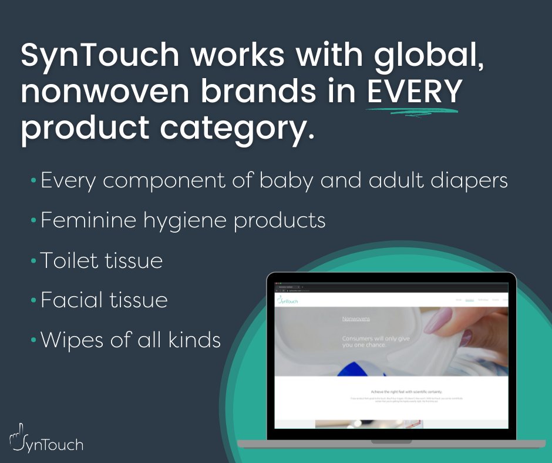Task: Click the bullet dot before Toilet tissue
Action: click(x=34, y=260)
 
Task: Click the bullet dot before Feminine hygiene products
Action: click(x=34, y=221)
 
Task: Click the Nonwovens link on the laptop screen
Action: click(x=356, y=318)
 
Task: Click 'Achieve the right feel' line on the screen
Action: click(x=390, y=391)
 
